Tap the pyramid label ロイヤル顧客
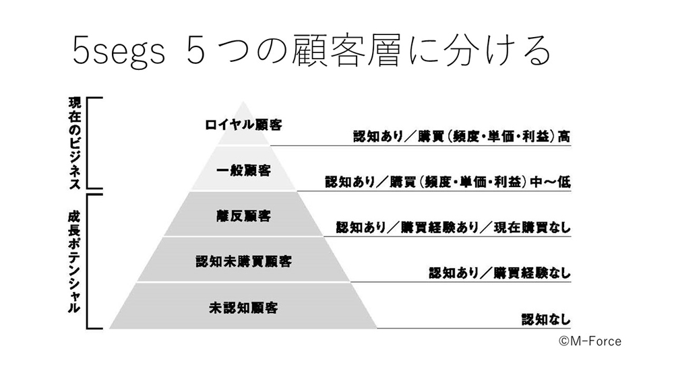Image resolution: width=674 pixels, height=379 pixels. [x=243, y=125]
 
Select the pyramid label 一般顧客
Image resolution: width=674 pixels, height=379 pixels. [x=243, y=170]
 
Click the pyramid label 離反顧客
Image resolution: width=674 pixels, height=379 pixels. [x=243, y=215]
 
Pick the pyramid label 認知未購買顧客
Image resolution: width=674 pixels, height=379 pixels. [x=243, y=261]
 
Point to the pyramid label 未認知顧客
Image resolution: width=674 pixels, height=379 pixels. [x=243, y=308]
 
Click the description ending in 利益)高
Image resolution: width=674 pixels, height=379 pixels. [x=462, y=135]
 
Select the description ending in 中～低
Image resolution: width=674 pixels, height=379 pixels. [x=448, y=182]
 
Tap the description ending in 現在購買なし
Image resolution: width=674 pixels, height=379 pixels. [x=453, y=228]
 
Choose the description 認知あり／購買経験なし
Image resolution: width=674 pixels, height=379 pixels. [x=499, y=273]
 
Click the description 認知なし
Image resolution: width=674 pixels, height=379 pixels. [x=546, y=318]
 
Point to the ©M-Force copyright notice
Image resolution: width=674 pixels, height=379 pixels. [x=589, y=341]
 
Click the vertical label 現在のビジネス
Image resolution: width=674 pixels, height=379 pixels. [x=75, y=143]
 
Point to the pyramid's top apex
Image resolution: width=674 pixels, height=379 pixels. [x=243, y=102]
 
